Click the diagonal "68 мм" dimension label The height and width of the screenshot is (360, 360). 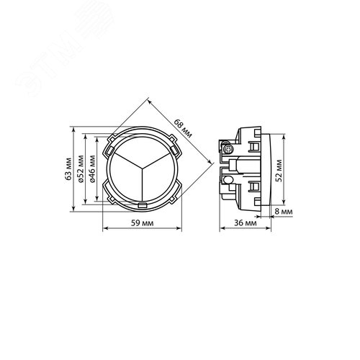[183, 128]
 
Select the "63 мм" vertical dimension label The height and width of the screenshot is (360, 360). [68, 168]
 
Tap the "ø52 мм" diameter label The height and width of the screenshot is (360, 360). [81, 168]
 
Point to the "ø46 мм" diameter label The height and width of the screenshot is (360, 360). [92, 168]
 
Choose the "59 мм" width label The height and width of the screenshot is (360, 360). [142, 223]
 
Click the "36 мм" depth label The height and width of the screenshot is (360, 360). [246, 223]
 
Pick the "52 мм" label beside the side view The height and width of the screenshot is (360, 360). [279, 171]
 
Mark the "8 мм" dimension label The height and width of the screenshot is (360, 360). [284, 212]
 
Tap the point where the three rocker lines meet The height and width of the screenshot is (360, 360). [143, 167]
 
